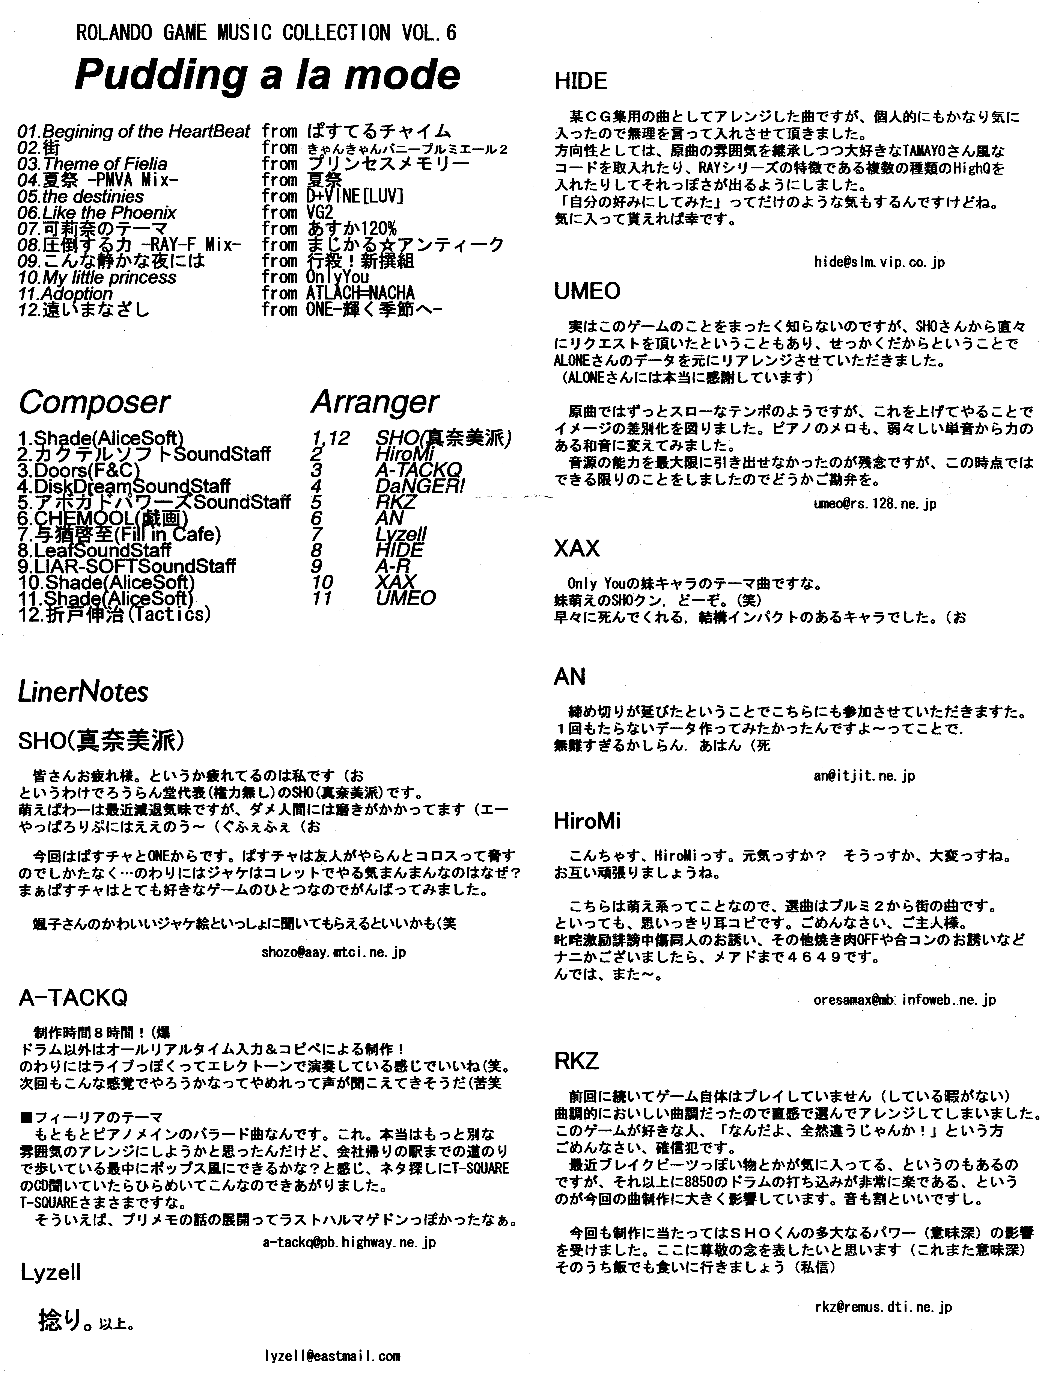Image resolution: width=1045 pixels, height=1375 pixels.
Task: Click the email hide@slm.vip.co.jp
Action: [879, 262]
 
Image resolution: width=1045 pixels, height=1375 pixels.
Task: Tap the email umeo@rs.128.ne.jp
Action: [875, 504]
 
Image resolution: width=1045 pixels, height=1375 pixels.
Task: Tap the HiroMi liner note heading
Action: [587, 821]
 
